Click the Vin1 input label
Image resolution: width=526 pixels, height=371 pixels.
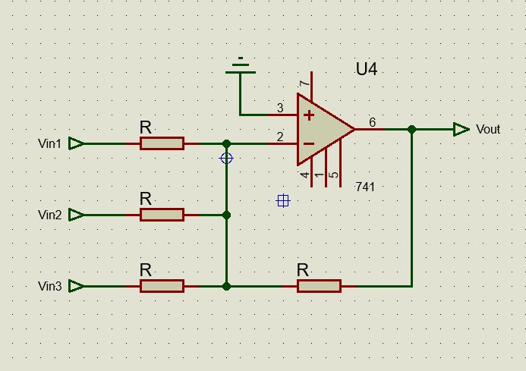pos(49,143)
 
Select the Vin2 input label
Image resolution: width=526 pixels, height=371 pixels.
pos(49,215)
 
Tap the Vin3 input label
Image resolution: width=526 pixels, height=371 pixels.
pos(49,286)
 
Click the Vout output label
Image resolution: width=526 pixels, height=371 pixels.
pos(488,130)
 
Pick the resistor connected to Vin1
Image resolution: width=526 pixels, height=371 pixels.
pos(162,143)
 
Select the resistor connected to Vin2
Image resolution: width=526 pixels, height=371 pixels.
pos(162,215)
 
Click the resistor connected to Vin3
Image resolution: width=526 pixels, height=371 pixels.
pos(162,286)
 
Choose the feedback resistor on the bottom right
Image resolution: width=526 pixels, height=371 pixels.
pos(319,286)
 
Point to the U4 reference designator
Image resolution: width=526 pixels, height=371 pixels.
pos(367,70)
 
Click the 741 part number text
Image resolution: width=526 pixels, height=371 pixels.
pos(365,187)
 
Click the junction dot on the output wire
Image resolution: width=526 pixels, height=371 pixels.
pos(411,130)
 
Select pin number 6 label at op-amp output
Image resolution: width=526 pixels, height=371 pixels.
pos(372,122)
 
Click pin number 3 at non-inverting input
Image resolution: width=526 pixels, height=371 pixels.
pos(280,108)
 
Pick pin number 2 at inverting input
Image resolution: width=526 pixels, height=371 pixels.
pos(280,137)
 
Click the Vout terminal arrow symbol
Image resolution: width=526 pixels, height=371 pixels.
pos(461,130)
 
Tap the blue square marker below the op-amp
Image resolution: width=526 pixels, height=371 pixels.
pos(283,200)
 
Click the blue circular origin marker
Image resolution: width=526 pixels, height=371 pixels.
pos(226,158)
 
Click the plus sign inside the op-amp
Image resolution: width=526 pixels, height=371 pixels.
pos(309,115)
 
